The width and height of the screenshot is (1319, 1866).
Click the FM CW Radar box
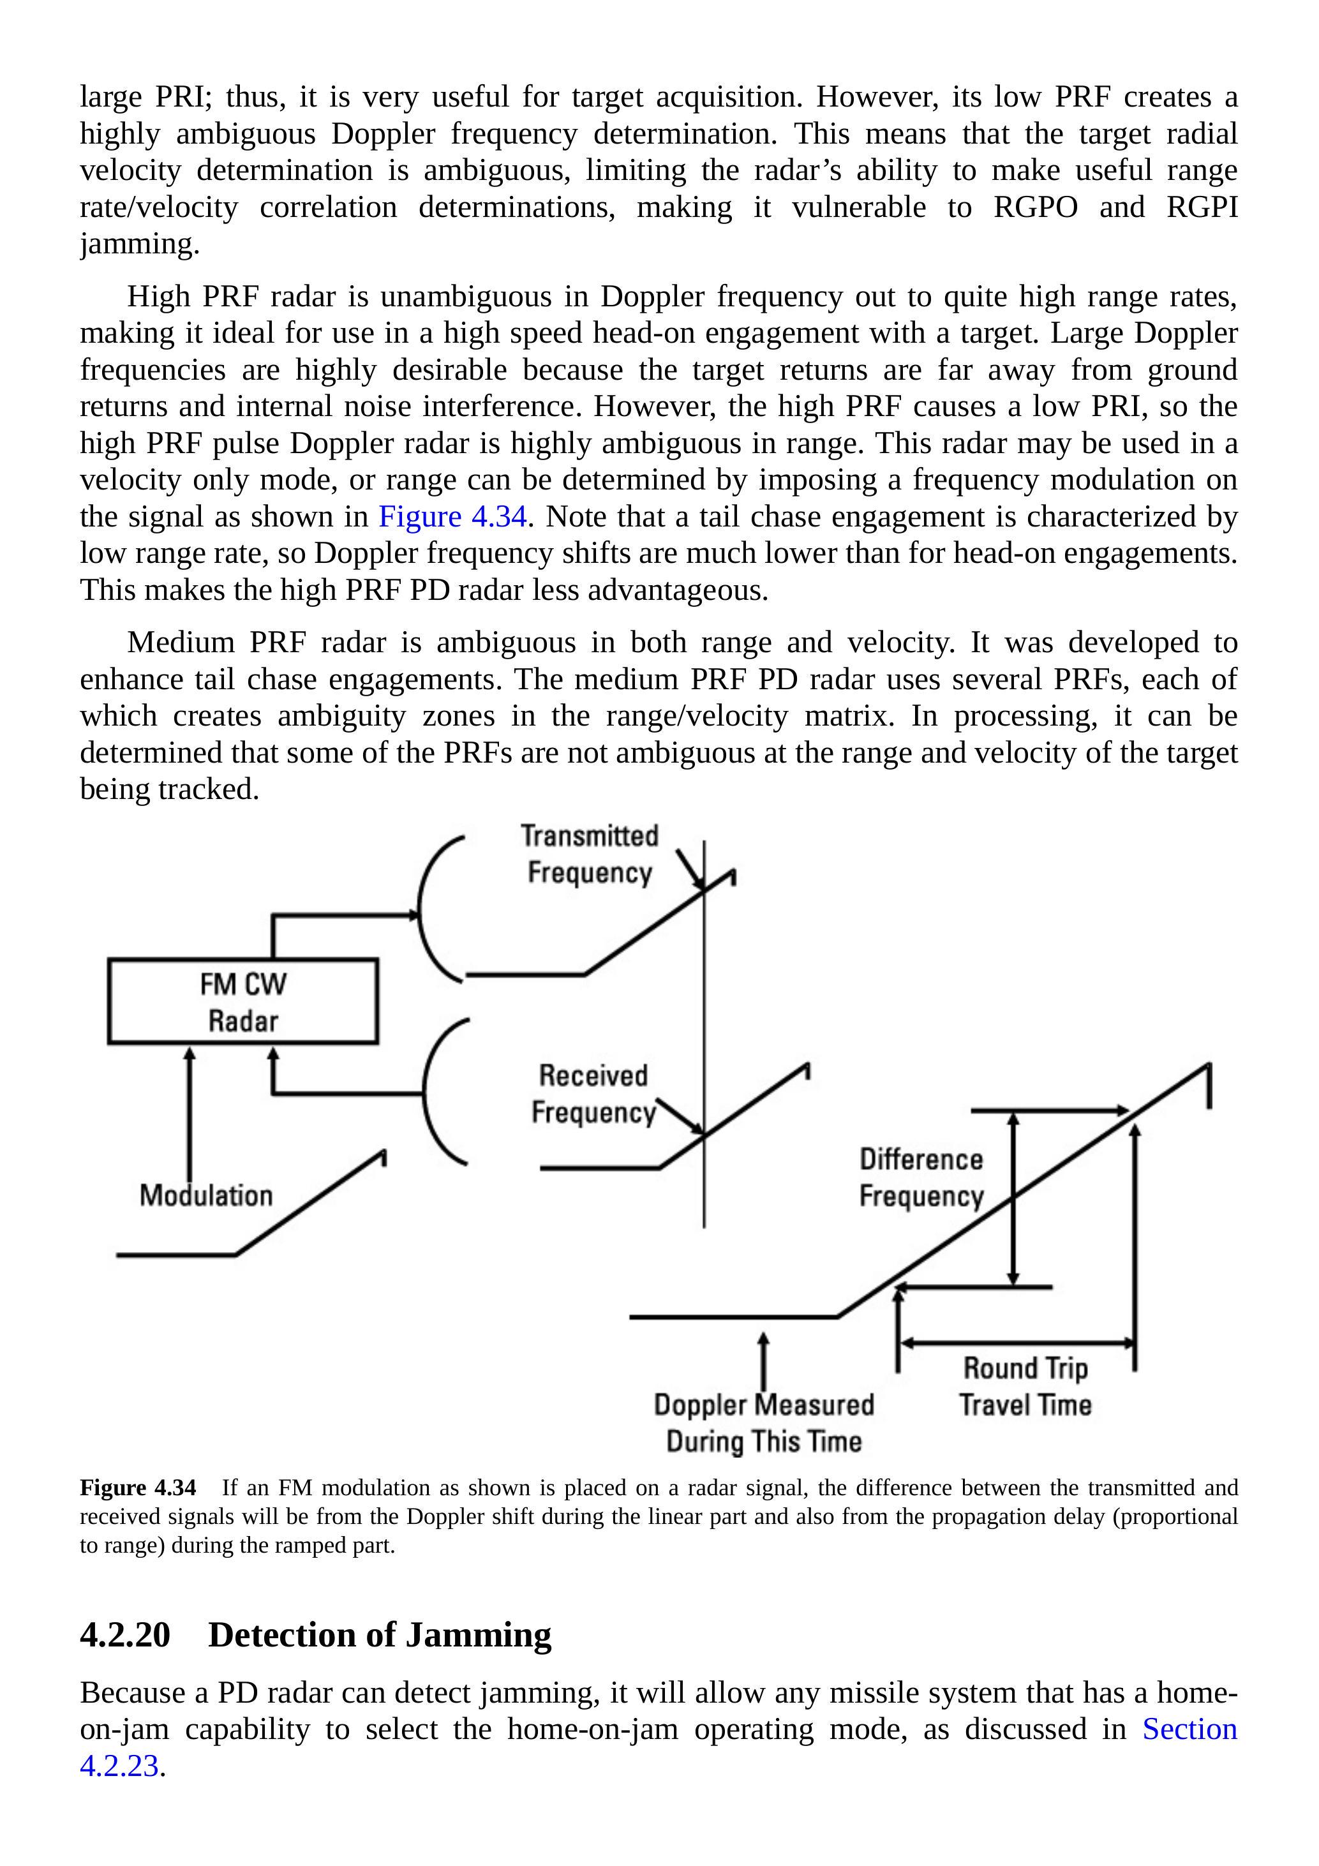click(x=242, y=1001)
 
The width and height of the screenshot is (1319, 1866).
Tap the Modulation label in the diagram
click(x=205, y=1195)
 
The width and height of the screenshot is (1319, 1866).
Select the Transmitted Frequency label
click(x=589, y=854)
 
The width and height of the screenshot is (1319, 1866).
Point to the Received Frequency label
click(x=593, y=1094)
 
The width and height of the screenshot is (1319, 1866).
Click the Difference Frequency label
click(x=921, y=1177)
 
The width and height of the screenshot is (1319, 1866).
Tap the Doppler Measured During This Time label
click(x=764, y=1422)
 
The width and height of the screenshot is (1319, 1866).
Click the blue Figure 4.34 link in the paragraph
click(x=452, y=517)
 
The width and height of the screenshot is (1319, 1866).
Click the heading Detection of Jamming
click(x=380, y=1635)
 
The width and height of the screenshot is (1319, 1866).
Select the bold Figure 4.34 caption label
click(x=137, y=1488)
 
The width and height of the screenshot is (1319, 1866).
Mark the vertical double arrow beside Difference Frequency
click(x=1013, y=1198)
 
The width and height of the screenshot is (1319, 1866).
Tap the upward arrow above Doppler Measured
click(x=763, y=1361)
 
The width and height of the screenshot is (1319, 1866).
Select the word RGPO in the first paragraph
click(x=1036, y=207)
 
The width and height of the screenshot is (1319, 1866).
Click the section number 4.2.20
click(x=125, y=1635)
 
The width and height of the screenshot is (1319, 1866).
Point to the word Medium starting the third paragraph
click(x=181, y=642)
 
